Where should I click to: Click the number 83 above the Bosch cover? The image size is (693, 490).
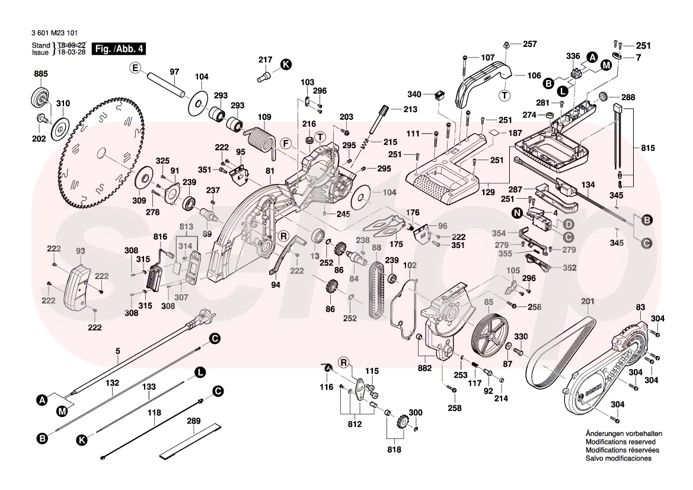640,307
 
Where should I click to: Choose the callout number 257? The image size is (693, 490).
529,44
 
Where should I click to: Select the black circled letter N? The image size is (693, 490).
518,212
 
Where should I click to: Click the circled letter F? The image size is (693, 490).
285,143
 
